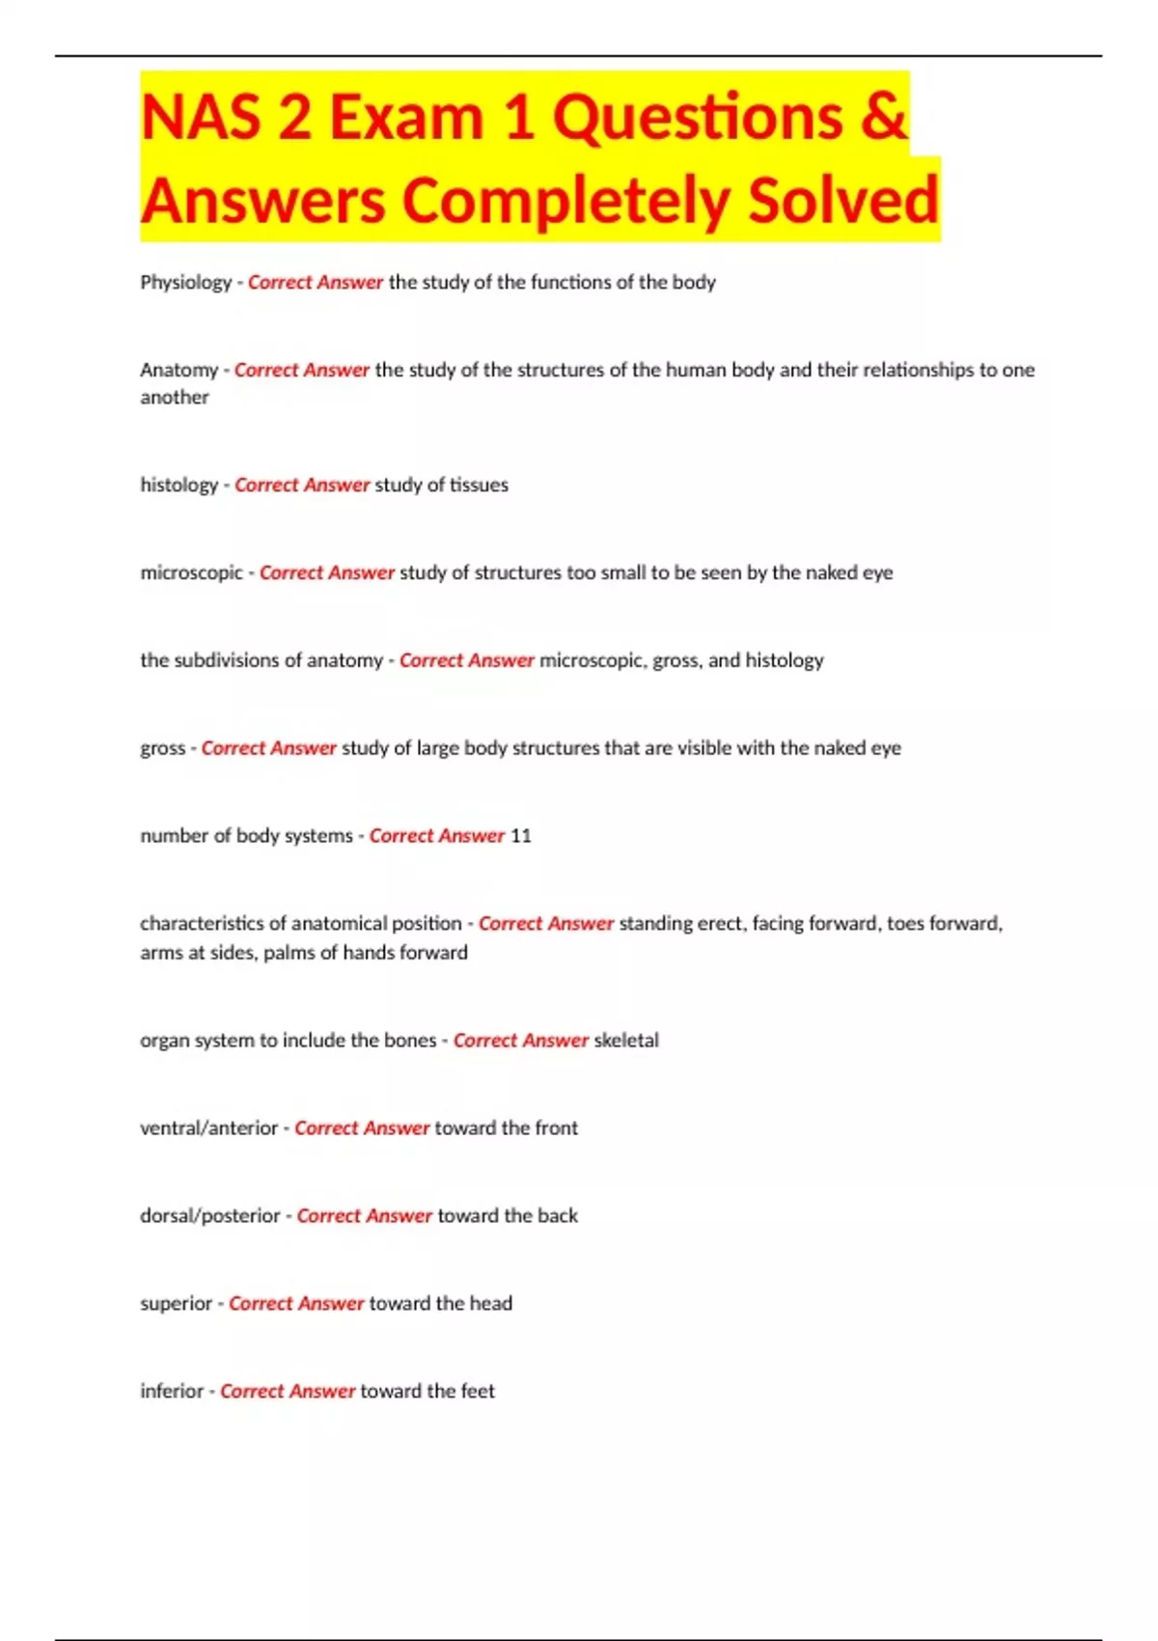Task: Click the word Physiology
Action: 185,283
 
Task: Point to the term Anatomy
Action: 179,371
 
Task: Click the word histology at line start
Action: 179,486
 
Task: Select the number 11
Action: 521,836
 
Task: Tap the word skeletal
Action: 626,1041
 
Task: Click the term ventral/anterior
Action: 208,1128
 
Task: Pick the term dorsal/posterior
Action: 209,1216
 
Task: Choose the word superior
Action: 176,1304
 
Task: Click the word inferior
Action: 172,1392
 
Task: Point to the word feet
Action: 478,1392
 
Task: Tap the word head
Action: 490,1304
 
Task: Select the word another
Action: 174,398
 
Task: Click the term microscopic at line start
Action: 191,573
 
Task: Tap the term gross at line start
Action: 162,749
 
